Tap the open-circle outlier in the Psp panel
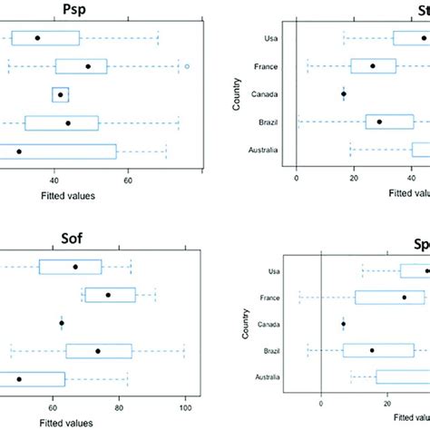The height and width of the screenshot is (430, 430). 187,66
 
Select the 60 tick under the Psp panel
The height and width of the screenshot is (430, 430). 129,179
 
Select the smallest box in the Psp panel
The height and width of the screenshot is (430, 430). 61,94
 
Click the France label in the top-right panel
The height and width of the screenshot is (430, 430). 267,66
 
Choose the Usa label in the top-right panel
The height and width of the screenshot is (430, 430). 271,38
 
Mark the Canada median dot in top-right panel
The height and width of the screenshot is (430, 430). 344,93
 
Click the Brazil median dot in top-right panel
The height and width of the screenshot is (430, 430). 379,122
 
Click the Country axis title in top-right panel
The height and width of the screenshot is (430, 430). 237,93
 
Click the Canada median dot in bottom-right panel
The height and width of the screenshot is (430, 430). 344,324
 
